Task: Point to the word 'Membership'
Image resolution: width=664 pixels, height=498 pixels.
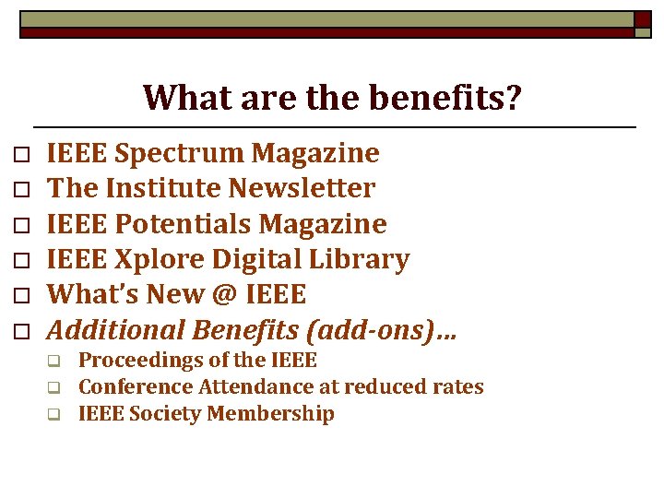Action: [271, 414]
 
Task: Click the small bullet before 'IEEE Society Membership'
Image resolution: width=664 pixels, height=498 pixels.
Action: [54, 415]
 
